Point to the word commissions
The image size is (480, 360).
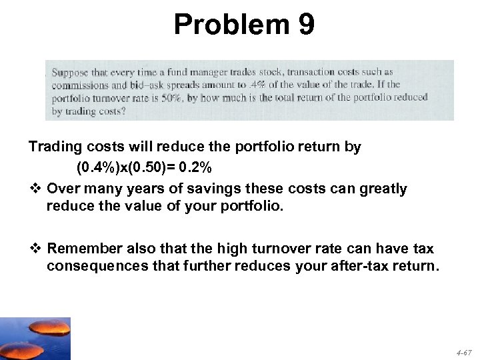80,85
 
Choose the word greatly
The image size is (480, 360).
383,189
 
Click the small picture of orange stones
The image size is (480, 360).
35,338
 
